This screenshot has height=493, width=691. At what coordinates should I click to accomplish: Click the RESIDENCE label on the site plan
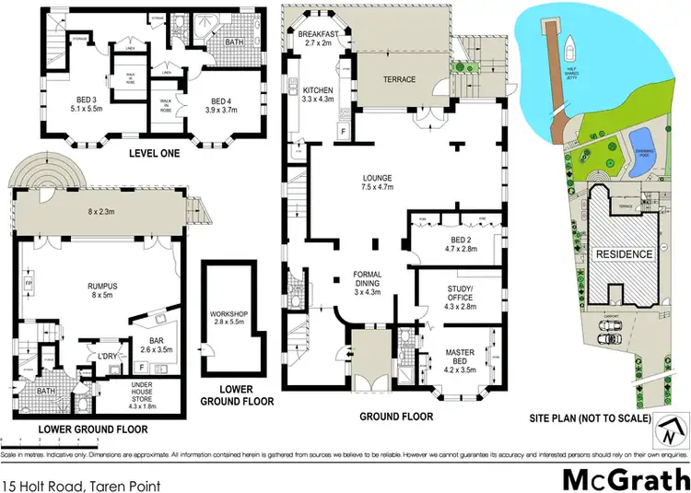(623, 254)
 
